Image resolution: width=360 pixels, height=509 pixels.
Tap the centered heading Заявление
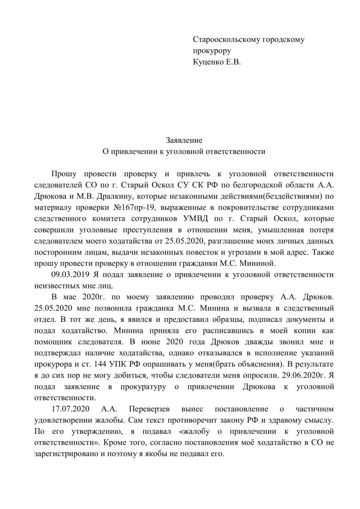click(184, 140)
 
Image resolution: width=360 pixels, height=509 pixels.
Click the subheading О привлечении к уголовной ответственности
click(184, 151)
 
